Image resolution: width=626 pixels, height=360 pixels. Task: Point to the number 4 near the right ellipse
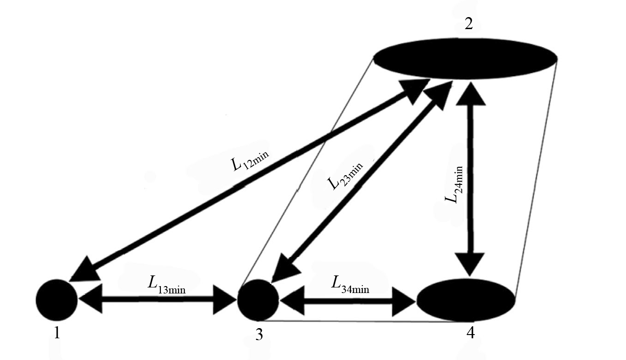470,334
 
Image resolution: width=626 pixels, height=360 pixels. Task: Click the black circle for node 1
56,300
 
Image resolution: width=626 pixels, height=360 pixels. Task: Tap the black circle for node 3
258,300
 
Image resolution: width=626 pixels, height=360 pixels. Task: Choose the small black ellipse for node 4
466,299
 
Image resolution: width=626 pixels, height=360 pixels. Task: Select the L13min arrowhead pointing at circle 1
90,300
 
